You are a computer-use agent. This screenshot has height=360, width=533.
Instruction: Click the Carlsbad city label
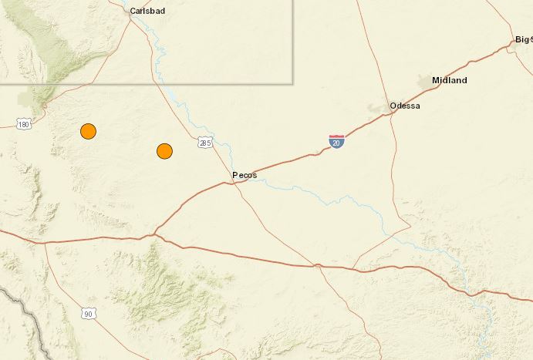tap(150, 12)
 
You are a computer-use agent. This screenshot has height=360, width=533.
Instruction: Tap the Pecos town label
tap(245, 176)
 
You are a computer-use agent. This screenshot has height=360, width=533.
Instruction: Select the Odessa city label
tap(405, 106)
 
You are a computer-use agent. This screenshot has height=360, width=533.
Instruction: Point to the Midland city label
tap(449, 80)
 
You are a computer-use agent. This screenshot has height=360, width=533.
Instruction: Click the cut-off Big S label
tap(523, 39)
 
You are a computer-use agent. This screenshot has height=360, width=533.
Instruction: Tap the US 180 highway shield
tap(25, 123)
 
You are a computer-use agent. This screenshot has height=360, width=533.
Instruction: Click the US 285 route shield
tap(204, 143)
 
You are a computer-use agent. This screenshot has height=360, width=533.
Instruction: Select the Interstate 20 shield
tap(336, 141)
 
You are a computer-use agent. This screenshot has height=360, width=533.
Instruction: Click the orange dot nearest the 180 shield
tap(89, 131)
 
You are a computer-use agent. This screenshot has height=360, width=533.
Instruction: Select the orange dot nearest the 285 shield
tap(164, 151)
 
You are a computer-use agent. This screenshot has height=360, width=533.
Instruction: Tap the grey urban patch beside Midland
tap(425, 80)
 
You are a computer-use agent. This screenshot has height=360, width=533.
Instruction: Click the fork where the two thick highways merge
tap(154, 233)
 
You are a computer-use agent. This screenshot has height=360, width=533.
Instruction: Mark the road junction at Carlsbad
tap(130, 17)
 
